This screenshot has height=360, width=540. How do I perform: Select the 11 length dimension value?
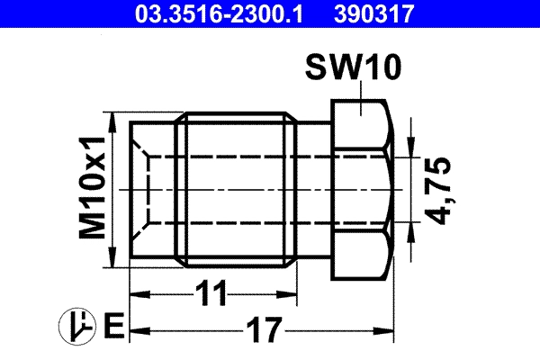[x=212, y=293]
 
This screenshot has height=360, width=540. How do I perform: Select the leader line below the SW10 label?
[x=361, y=95]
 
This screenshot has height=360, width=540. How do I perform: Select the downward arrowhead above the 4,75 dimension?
[x=410, y=149]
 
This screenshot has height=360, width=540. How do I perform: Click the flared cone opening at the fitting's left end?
[x=148, y=190]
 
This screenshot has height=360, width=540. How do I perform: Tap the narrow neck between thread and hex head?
[x=315, y=190]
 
